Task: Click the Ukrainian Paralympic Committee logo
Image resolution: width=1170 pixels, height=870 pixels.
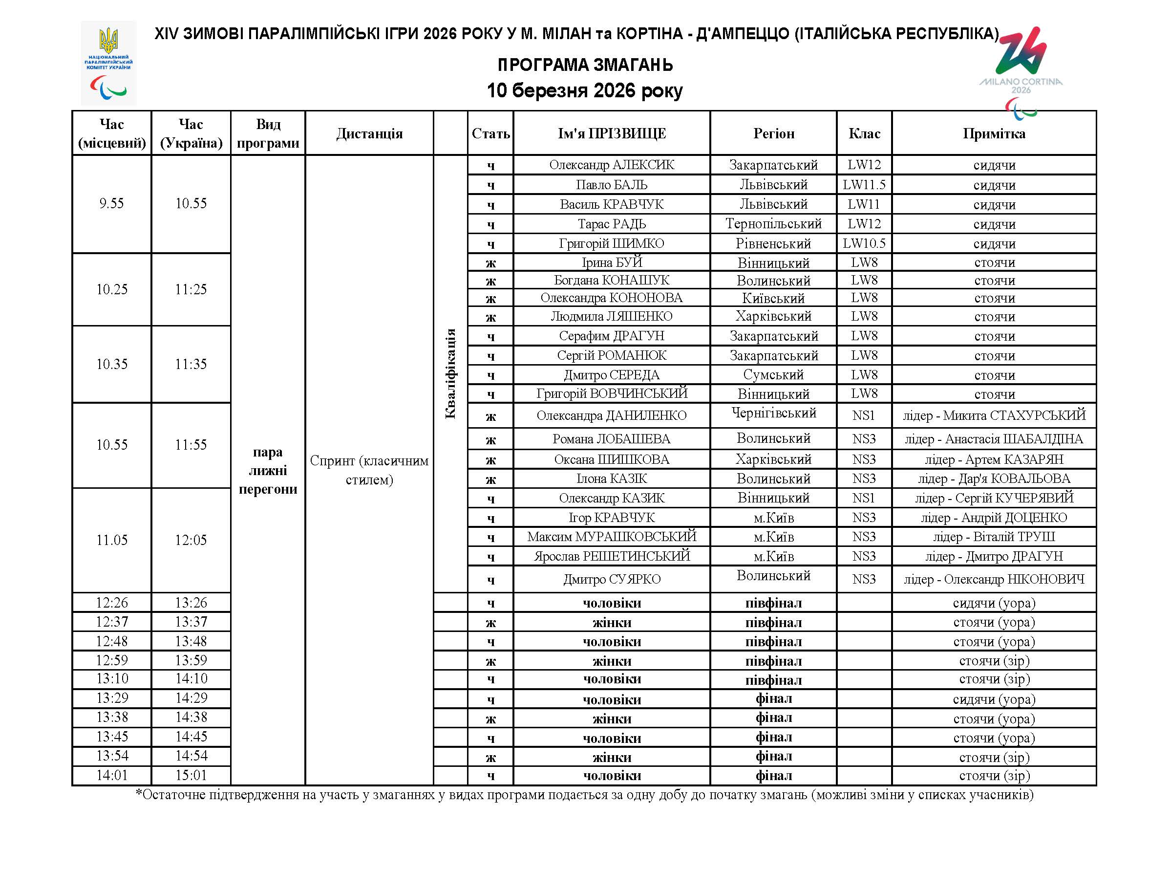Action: point(108,63)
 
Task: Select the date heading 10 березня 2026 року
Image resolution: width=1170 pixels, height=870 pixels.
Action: point(584,90)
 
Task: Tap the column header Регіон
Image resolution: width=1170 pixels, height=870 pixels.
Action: point(773,133)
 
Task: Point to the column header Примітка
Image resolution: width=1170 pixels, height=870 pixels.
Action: point(994,133)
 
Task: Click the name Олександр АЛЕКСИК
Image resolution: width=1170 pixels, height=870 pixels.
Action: point(612,165)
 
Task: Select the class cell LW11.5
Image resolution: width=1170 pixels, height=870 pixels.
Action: point(864,185)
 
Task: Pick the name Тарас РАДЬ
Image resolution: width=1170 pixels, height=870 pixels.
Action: point(612,224)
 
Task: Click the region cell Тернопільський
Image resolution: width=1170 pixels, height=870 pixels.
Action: point(773,224)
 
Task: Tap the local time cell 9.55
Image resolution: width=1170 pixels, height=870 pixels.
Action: point(111,203)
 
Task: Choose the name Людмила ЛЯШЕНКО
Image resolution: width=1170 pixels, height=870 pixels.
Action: point(612,316)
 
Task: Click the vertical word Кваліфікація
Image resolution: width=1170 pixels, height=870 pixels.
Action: point(450,373)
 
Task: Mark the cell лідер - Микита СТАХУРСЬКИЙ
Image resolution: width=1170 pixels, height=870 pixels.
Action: point(994,415)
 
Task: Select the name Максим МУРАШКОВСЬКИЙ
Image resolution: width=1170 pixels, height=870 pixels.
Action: point(612,537)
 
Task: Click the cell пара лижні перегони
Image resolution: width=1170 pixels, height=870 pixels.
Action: point(268,470)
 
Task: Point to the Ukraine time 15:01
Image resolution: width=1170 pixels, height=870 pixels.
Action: point(191,775)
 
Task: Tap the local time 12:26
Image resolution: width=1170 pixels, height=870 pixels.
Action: point(111,603)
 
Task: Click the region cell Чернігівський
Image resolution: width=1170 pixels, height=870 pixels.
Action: point(773,413)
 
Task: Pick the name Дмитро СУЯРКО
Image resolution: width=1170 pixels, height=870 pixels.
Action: point(612,579)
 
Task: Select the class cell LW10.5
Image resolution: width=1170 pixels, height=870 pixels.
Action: point(864,243)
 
